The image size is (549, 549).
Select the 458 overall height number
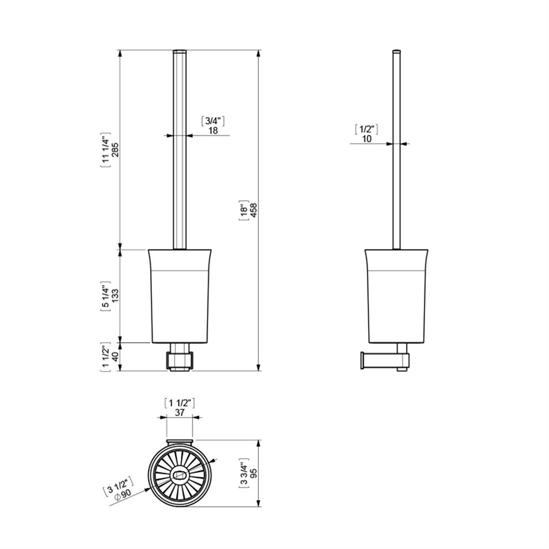click(x=253, y=210)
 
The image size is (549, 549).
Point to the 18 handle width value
click(x=213, y=130)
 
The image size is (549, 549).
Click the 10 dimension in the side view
click(x=367, y=139)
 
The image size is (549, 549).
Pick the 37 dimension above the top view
click(x=180, y=413)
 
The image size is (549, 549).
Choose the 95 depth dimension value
click(x=253, y=474)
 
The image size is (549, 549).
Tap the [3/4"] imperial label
click(x=213, y=121)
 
